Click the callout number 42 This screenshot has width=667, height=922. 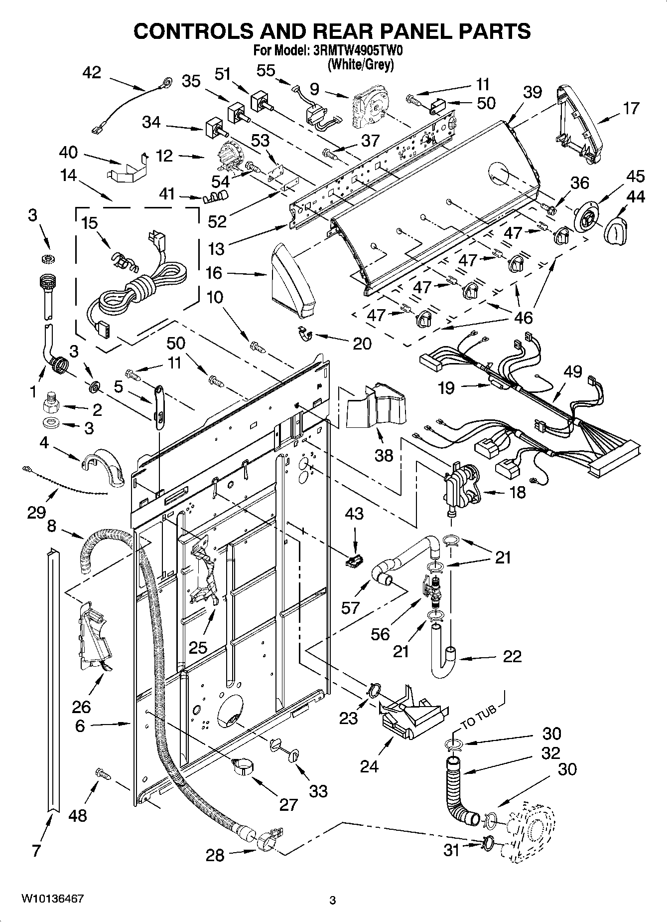pos(91,73)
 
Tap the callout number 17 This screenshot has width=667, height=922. pos(631,108)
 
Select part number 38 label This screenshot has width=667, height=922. pos(384,455)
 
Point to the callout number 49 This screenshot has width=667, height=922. pos(573,371)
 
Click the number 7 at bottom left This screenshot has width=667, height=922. pos(36,850)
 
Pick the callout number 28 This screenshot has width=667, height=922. pos(215,855)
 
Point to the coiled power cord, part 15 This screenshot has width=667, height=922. pos(137,289)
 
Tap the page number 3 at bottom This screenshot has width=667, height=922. pos(333,900)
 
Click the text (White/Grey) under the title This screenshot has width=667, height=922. pos(361,65)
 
